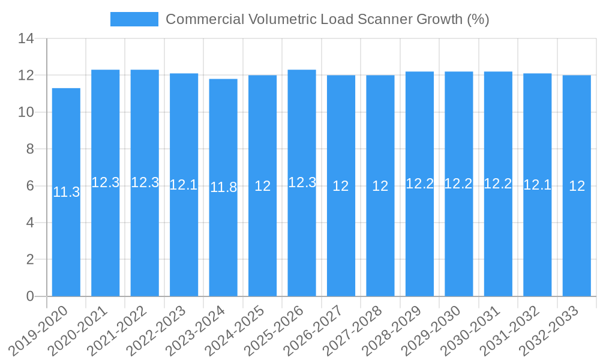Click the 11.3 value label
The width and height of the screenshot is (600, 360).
66,193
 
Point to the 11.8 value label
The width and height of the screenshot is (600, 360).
223,187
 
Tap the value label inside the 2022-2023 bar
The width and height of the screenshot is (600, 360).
184,185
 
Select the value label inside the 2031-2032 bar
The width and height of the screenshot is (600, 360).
537,185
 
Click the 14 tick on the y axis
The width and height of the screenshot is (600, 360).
26,39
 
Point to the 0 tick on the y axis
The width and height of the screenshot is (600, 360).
30,296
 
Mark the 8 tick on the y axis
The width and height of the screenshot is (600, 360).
30,149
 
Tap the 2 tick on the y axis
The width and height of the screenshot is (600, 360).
30,260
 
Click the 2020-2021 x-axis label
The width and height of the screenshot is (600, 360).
78,331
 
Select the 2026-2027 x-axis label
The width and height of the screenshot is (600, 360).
314,331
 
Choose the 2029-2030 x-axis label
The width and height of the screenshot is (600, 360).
431,331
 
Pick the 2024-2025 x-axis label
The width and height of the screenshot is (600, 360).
235,331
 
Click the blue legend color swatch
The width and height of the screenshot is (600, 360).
134,19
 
